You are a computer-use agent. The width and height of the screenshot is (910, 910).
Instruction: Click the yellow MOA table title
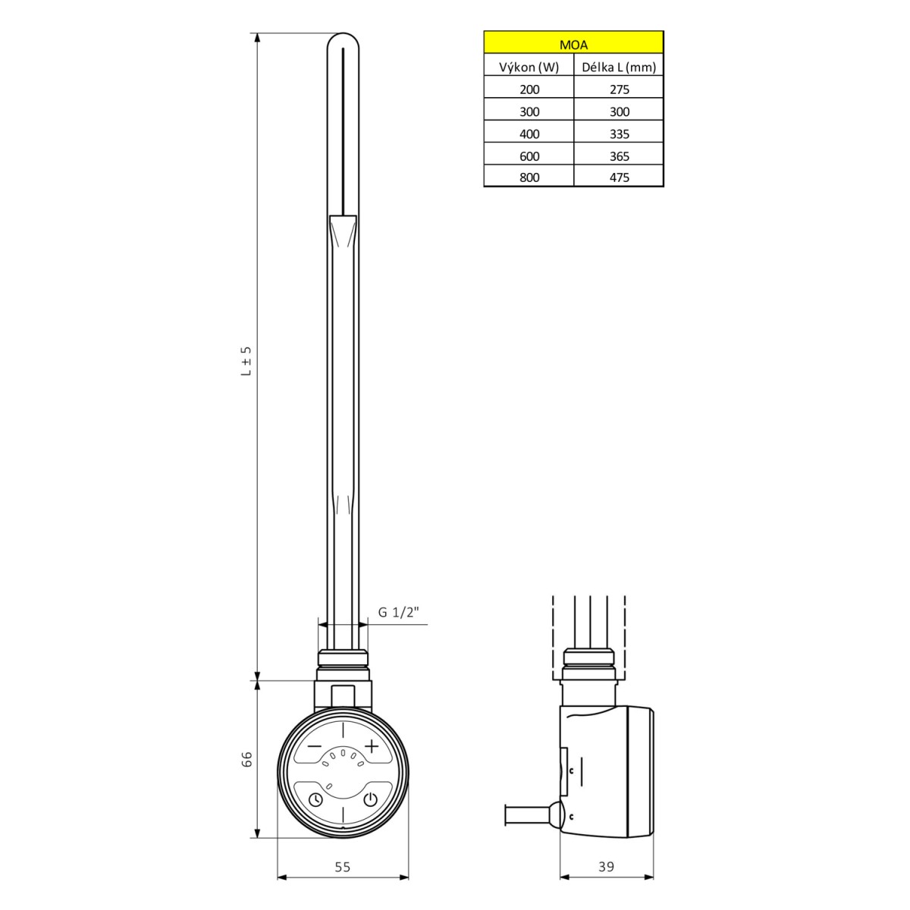573,44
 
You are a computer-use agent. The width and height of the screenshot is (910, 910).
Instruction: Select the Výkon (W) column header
529,67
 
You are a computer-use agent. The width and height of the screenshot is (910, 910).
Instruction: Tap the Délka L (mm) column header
619,67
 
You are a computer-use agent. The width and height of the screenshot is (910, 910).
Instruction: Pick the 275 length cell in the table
619,89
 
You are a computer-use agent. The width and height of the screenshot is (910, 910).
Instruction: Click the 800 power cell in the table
529,178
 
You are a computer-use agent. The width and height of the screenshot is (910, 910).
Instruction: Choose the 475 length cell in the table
619,178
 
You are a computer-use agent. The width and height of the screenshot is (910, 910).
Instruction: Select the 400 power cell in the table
529,134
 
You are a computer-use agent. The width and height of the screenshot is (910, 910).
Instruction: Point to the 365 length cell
619,156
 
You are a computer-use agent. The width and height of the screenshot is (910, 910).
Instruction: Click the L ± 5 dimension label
246,362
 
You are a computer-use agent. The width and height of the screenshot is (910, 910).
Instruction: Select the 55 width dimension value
343,867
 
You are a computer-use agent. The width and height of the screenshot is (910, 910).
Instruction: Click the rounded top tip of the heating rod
343,38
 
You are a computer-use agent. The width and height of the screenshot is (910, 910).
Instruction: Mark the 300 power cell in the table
529,111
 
